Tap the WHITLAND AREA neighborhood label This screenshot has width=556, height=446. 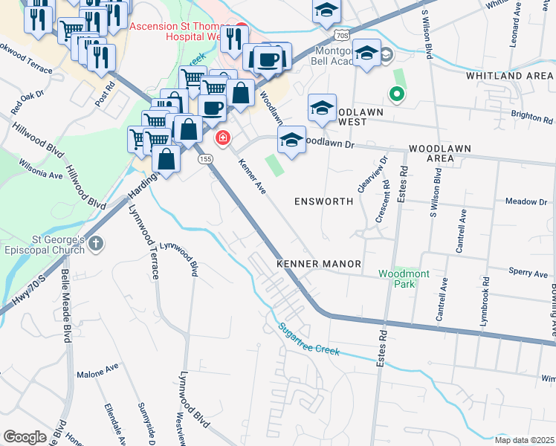tap(509, 76)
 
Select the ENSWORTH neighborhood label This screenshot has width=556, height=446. tap(321, 201)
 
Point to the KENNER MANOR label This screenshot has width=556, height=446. tap(318, 264)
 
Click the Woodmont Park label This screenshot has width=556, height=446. tap(404, 279)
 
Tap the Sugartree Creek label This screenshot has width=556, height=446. tap(308, 339)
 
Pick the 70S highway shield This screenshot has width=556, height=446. tap(341, 35)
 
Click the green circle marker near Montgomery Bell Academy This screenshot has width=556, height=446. tap(397, 94)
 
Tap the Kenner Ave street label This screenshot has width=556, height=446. tap(252, 178)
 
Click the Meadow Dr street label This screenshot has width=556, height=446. tap(526, 201)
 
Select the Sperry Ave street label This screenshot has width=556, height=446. tap(528, 273)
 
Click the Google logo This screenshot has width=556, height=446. tap(25, 436)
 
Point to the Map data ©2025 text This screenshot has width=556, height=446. tap(524, 440)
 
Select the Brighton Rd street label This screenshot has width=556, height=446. tap(531, 117)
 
